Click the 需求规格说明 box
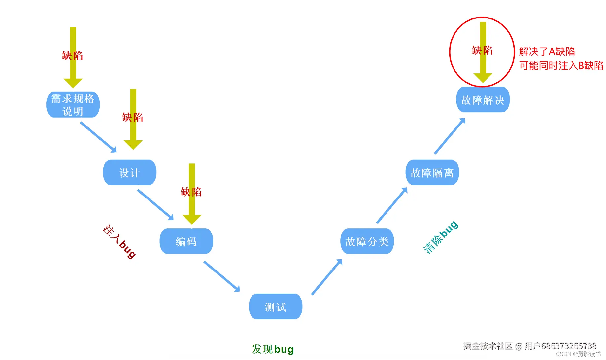pos(73,105)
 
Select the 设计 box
pos(130,172)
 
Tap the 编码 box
pos(186,241)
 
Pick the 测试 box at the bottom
pos(276,307)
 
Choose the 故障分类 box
pos(367,241)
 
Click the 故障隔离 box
pos(432,172)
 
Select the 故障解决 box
pos(483,100)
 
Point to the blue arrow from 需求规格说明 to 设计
pos(98,137)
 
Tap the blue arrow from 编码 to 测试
pos(221,276)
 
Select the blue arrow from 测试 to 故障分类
pos(327,277)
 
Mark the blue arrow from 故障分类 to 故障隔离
pos(392,205)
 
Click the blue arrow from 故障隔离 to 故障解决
pos(450,136)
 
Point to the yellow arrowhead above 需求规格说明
pos(73,83)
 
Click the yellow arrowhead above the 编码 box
pos(192,219)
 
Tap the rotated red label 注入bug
pos(119,241)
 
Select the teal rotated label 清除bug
pos(441,237)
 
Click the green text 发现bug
pos(273,349)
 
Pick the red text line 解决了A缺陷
pos(547,52)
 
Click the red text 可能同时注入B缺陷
pos(561,66)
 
